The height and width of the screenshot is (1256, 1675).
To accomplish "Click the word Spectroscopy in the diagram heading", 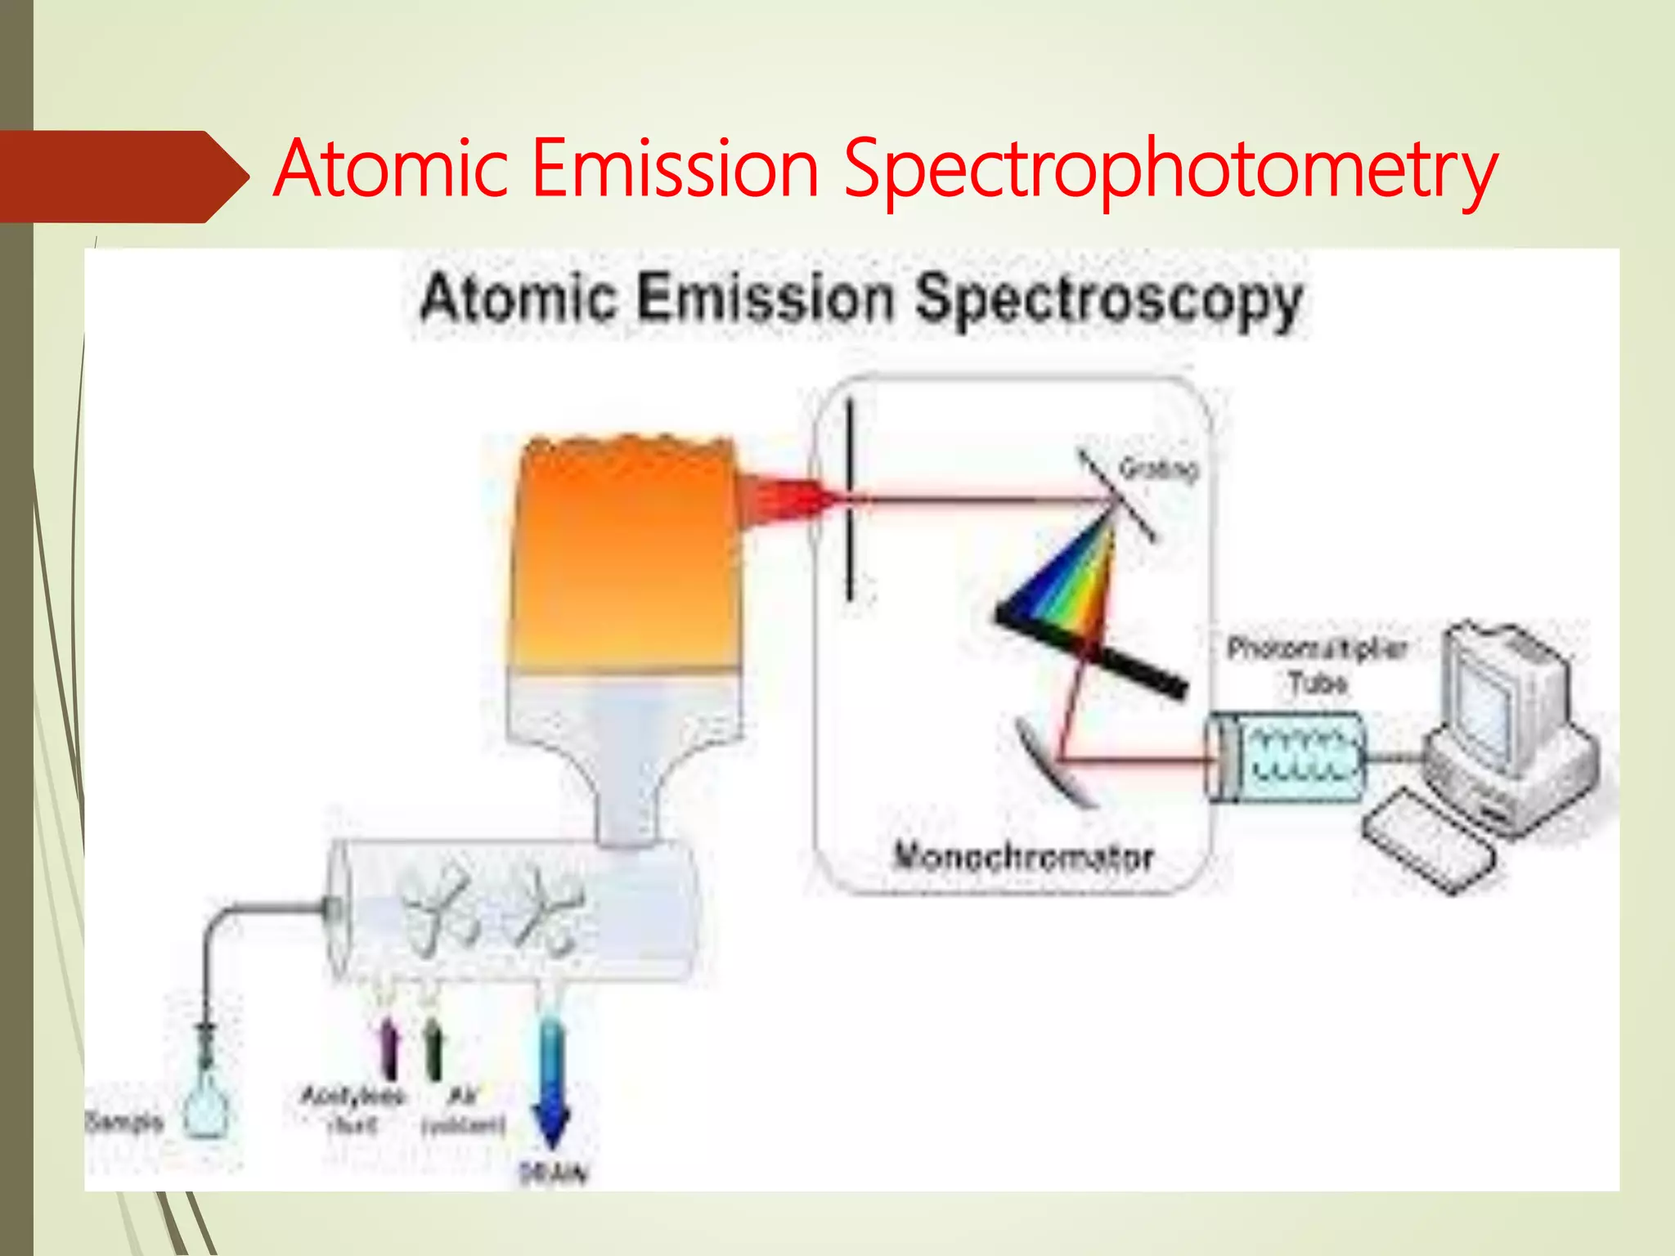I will pos(1108,299).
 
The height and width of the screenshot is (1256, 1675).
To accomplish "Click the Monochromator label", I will pos(1023,856).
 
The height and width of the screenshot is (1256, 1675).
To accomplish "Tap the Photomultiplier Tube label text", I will pos(1317,665).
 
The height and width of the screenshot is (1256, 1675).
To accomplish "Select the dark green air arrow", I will pos(434,1047).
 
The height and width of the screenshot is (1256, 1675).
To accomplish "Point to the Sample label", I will pos(124,1121).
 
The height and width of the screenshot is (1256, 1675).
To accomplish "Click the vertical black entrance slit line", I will pos(850,499).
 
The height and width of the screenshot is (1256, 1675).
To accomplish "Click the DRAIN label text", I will pos(554,1173).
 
